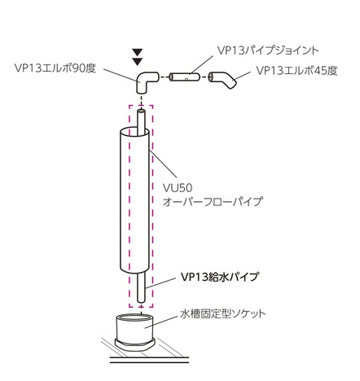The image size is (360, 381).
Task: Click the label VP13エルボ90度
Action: coord(55,68)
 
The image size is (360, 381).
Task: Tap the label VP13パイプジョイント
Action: coord(268,50)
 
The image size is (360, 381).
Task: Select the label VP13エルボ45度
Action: coord(296,71)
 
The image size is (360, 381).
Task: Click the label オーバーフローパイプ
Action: coord(213,201)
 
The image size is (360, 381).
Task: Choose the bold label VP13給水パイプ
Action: coord(220,277)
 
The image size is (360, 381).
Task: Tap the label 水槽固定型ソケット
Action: coord(223,314)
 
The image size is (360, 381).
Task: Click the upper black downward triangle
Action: coord(138,52)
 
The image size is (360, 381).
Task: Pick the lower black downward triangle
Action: coord(138,61)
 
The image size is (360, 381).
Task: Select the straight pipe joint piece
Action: coord(185,77)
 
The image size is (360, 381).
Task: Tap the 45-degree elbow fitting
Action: coord(223,79)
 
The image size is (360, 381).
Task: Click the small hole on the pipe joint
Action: coord(187,79)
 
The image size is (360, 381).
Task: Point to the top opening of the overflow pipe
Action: coord(134,132)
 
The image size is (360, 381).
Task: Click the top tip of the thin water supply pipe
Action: coord(141,111)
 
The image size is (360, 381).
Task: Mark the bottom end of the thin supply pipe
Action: coord(141,300)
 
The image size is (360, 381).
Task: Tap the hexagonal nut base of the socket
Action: coord(135,344)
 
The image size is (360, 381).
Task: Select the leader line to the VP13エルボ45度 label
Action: coord(243,76)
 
